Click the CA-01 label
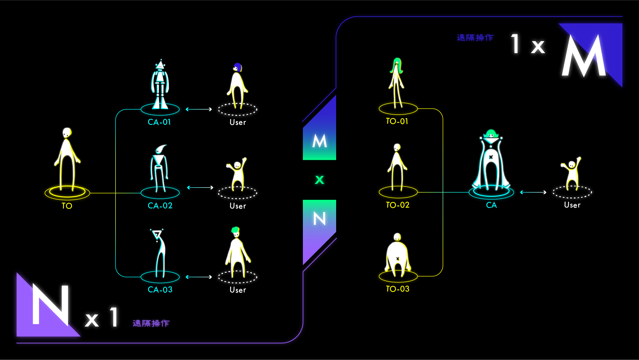click(159, 122)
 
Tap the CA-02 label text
click(160, 206)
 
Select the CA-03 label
click(160, 290)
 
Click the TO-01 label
click(397, 121)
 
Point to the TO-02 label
click(397, 205)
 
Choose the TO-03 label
click(397, 289)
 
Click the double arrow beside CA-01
click(199, 109)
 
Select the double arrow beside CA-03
click(199, 277)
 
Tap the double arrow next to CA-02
click(200, 187)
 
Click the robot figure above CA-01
click(160, 85)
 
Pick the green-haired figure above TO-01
click(396, 82)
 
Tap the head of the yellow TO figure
click(67, 133)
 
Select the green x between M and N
click(319, 180)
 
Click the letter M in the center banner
click(319, 141)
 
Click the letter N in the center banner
click(319, 219)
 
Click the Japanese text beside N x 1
click(151, 323)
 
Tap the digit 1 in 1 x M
click(515, 44)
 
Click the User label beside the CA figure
click(572, 205)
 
